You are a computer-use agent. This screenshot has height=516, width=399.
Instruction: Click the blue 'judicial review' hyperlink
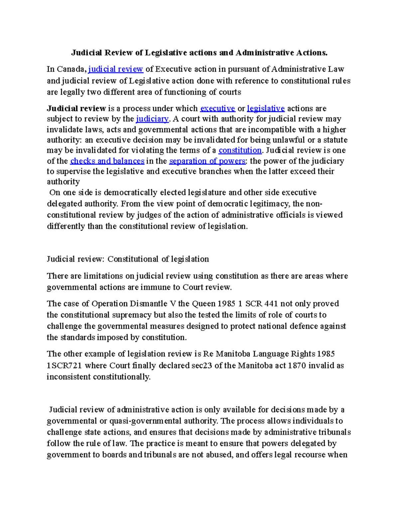tap(115, 69)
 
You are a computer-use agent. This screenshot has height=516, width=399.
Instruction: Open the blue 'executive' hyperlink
tap(217, 108)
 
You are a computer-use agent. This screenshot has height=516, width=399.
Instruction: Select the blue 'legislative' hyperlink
tap(266, 108)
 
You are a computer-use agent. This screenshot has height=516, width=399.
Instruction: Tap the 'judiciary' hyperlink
tap(152, 119)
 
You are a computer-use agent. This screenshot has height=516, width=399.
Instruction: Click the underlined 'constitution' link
tap(240, 150)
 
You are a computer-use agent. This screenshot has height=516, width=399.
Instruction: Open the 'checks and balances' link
tap(107, 161)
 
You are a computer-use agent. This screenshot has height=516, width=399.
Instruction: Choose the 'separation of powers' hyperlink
tap(207, 161)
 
